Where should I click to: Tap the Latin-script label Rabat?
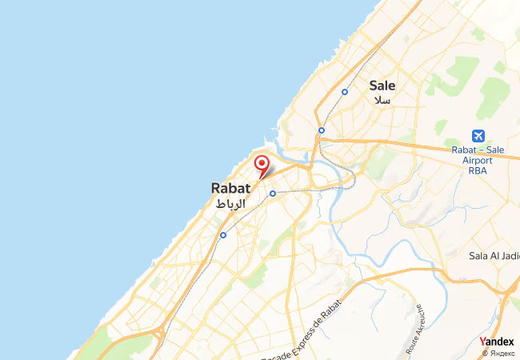pyautogui.click(x=230, y=188)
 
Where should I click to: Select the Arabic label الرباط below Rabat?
pyautogui.click(x=231, y=204)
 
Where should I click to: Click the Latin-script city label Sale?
pyautogui.click(x=382, y=86)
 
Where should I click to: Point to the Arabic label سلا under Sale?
pyautogui.click(x=382, y=101)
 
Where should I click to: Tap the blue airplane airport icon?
pyautogui.click(x=478, y=135)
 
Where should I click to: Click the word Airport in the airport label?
pyautogui.click(x=479, y=160)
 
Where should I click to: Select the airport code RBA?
pyautogui.click(x=478, y=170)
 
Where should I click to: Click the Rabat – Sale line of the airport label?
pyautogui.click(x=478, y=150)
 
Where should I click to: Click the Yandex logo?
pyautogui.click(x=497, y=342)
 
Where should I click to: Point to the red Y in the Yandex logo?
pyautogui.click(x=482, y=342)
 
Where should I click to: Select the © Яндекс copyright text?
pyautogui.click(x=499, y=353)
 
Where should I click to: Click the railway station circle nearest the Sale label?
pyautogui.click(x=345, y=91)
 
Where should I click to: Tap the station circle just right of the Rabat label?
pyautogui.click(x=272, y=193)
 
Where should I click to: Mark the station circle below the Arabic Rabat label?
pyautogui.click(x=222, y=234)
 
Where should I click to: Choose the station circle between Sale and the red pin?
pyautogui.click(x=321, y=130)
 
